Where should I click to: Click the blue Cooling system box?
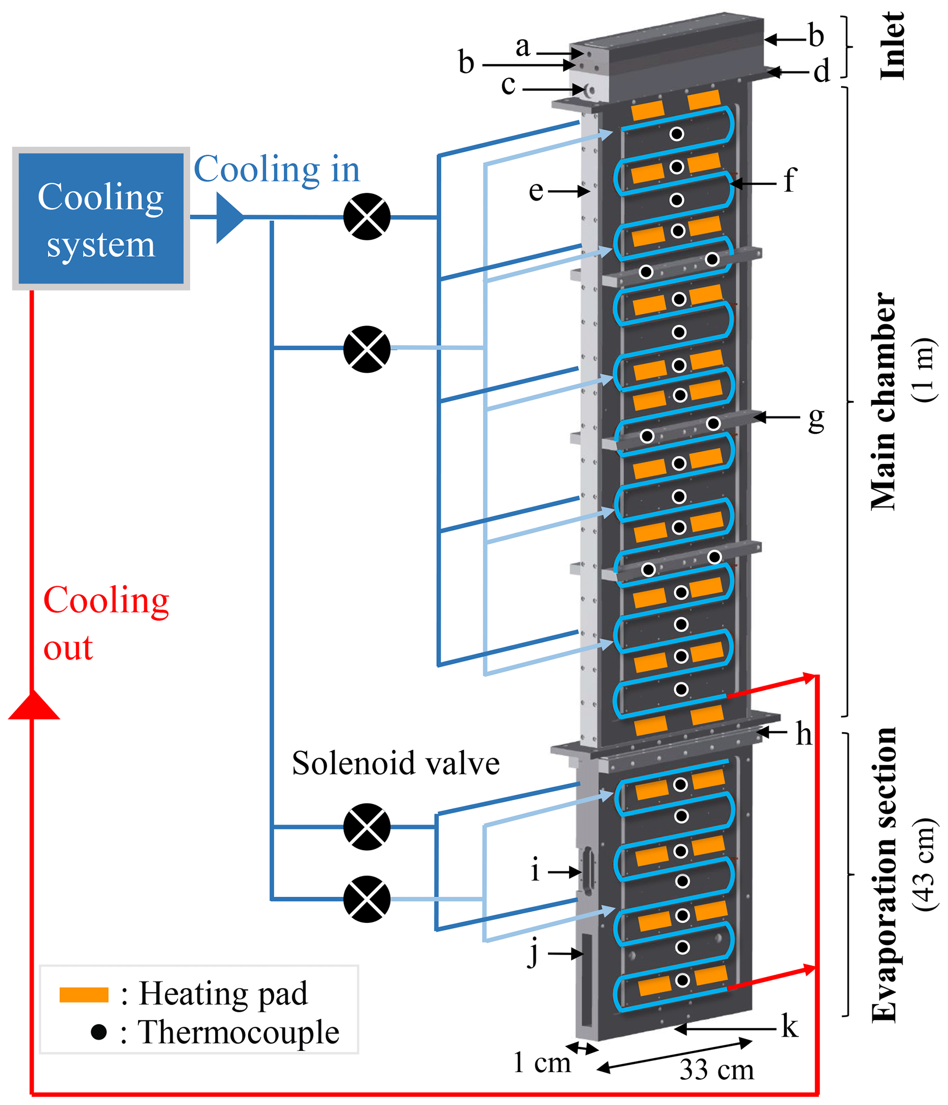pos(101,219)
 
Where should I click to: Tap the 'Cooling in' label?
pos(277,170)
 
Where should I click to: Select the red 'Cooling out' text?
pos(105,623)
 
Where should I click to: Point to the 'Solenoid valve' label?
pos(395,763)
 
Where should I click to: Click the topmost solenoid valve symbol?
pos(366,216)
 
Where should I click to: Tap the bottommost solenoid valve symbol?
pos(366,899)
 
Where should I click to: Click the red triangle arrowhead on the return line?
pos(33,705)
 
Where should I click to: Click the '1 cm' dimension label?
pos(542,1062)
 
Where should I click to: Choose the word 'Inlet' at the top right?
pos(892,46)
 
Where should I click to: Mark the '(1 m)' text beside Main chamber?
pos(924,370)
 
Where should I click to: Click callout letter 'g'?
pos(816,419)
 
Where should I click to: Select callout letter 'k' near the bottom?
pos(790,1026)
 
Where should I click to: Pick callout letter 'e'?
pos(536,191)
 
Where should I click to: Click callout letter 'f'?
pos(790,180)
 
